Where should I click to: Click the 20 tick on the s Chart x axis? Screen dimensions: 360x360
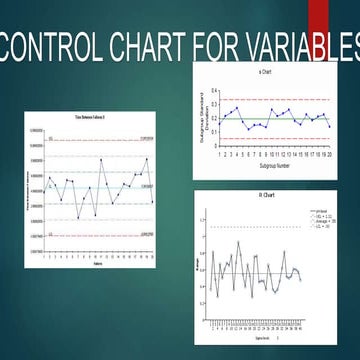tap(327, 155)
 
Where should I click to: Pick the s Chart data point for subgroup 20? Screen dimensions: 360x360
tap(327, 125)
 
